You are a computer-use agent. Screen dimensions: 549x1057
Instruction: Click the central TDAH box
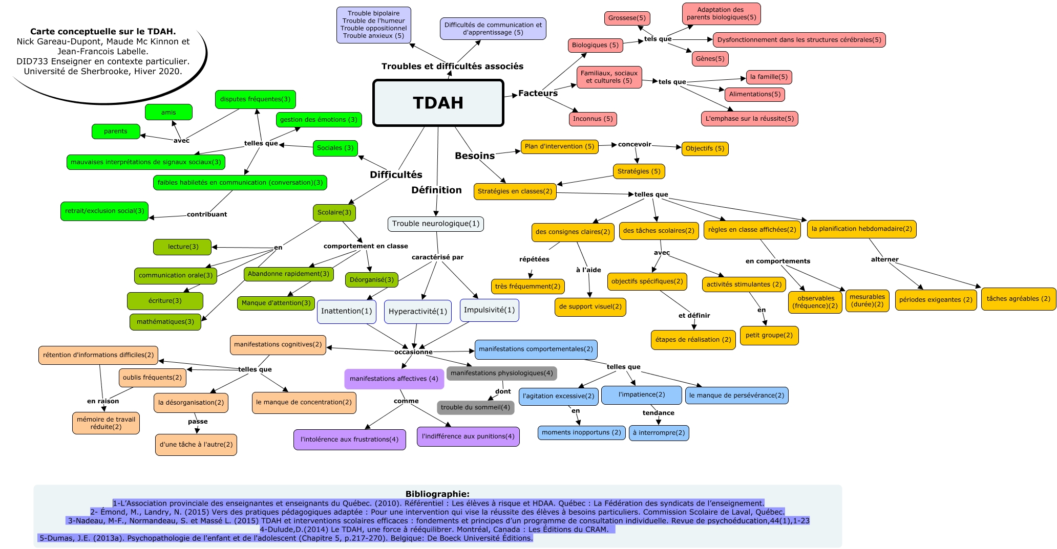pos(438,103)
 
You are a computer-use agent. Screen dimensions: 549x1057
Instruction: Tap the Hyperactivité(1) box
pos(418,312)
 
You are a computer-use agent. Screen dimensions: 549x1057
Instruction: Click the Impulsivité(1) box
pos(489,310)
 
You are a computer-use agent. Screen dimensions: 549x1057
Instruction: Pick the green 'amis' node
pos(168,113)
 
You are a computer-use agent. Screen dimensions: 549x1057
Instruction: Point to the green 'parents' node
pos(116,131)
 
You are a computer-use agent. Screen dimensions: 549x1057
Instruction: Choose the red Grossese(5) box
pos(627,18)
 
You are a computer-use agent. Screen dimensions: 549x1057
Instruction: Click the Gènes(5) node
pos(710,59)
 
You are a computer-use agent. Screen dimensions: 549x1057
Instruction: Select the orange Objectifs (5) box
pos(705,148)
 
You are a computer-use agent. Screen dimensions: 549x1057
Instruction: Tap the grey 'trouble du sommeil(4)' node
pos(475,407)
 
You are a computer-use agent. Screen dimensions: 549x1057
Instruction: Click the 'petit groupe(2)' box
pos(769,336)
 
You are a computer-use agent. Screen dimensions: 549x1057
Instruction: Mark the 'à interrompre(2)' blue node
pos(659,433)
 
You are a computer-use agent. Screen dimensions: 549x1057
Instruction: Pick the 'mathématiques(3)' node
pos(165,322)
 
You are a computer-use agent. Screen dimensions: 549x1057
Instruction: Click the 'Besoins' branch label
pos(475,156)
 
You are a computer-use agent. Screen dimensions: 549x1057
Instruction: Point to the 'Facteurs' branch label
pos(538,93)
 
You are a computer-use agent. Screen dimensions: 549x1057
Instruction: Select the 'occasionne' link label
pos(413,352)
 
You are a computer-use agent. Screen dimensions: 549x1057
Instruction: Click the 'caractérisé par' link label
pos(437,257)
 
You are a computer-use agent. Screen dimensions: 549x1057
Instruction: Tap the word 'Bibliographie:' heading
pos(437,494)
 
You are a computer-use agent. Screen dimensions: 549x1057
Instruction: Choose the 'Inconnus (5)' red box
pos(593,119)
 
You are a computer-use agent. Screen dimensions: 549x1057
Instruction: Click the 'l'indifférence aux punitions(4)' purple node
pos(468,436)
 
